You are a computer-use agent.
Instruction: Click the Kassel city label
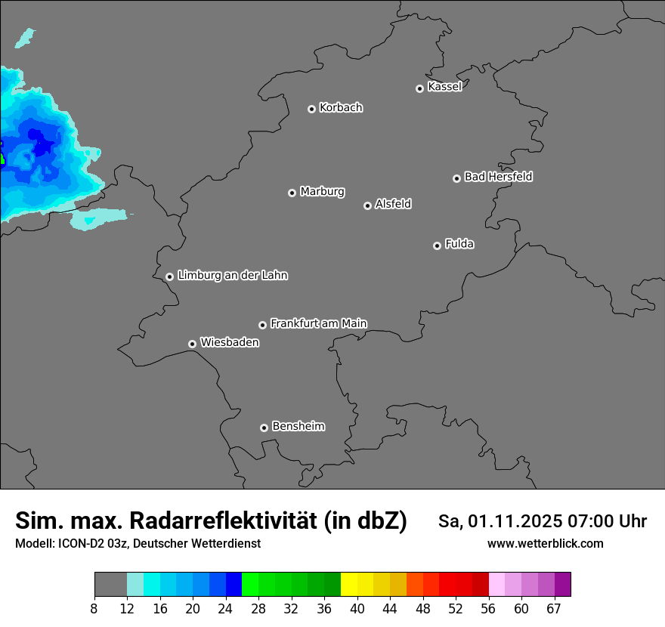tap(444, 87)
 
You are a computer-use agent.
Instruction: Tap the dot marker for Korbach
tap(311, 109)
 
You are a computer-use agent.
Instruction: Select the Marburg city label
tap(322, 192)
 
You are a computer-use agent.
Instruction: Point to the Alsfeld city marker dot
tap(367, 205)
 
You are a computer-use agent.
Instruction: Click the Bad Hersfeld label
tap(498, 177)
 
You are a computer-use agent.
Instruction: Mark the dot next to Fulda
tap(437, 246)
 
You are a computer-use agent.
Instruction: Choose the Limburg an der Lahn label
tap(232, 276)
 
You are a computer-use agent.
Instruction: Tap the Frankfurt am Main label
tap(318, 323)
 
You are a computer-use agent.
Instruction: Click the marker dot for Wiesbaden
tap(192, 344)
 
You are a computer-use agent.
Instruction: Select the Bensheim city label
tap(298, 426)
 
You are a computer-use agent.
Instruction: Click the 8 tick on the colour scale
tap(94, 608)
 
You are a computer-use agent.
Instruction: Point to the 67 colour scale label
tap(554, 608)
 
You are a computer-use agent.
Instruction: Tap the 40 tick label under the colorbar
tap(357, 608)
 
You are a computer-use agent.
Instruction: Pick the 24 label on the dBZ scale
tap(225, 608)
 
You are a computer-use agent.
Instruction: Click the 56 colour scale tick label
tap(488, 608)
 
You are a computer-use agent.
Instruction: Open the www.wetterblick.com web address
tap(545, 544)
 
